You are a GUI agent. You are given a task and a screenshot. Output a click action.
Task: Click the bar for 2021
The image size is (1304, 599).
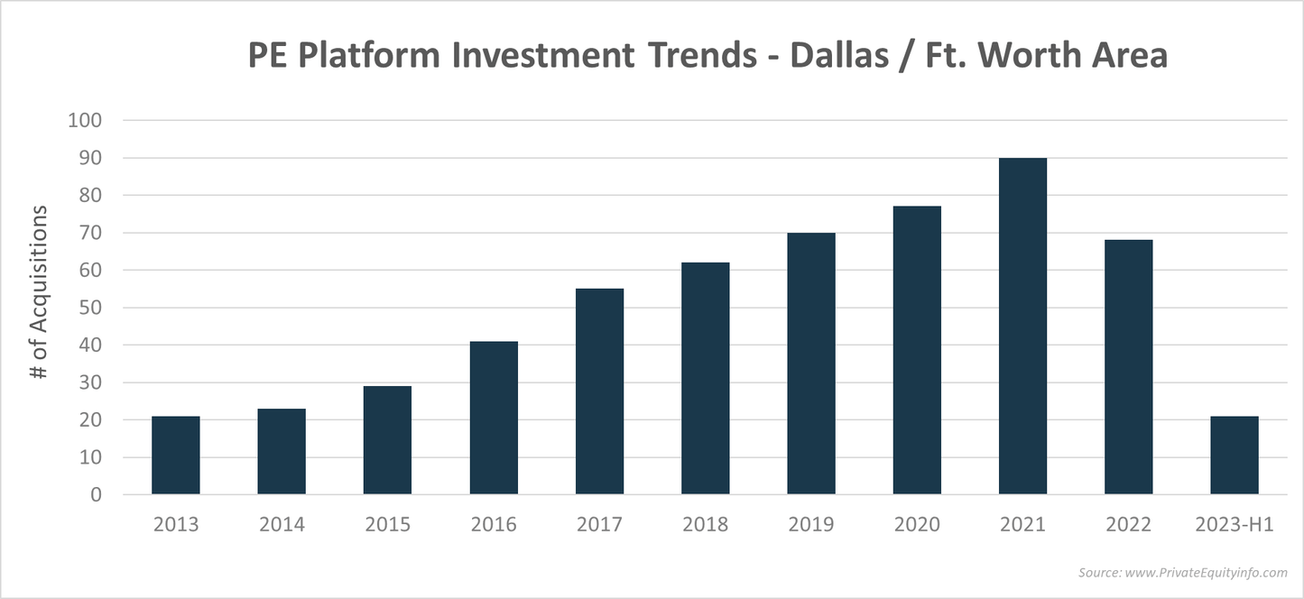click(1022, 327)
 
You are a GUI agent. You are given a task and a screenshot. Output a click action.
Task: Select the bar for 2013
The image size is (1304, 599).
click(175, 456)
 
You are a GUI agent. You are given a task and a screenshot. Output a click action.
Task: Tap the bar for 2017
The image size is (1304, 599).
click(599, 392)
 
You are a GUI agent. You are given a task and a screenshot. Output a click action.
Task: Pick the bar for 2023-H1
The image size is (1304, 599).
click(1235, 456)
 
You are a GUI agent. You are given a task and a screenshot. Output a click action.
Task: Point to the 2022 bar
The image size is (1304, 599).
click(1128, 367)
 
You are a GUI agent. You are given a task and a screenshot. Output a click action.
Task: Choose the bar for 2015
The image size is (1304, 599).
click(387, 440)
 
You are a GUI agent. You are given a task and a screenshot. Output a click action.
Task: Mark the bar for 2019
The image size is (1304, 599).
click(811, 364)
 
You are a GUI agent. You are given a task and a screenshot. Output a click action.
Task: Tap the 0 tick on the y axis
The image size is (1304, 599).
click(96, 495)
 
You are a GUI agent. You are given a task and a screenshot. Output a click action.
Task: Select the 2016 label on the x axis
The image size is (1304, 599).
click(494, 524)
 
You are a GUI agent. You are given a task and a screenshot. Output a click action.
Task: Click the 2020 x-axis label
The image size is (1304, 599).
click(917, 524)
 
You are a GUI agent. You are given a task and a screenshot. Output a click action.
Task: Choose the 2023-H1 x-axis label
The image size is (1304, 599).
click(1235, 524)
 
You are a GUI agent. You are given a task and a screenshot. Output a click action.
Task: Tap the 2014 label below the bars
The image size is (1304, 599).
click(282, 524)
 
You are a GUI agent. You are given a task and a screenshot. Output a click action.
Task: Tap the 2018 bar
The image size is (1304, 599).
click(706, 379)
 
